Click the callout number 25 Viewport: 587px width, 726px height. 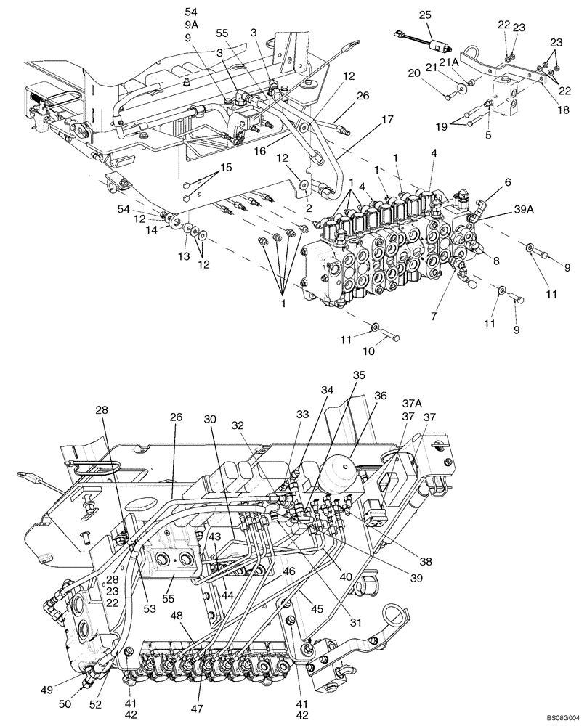(424, 15)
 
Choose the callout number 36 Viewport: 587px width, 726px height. (380, 396)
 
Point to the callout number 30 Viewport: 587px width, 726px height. (211, 420)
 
